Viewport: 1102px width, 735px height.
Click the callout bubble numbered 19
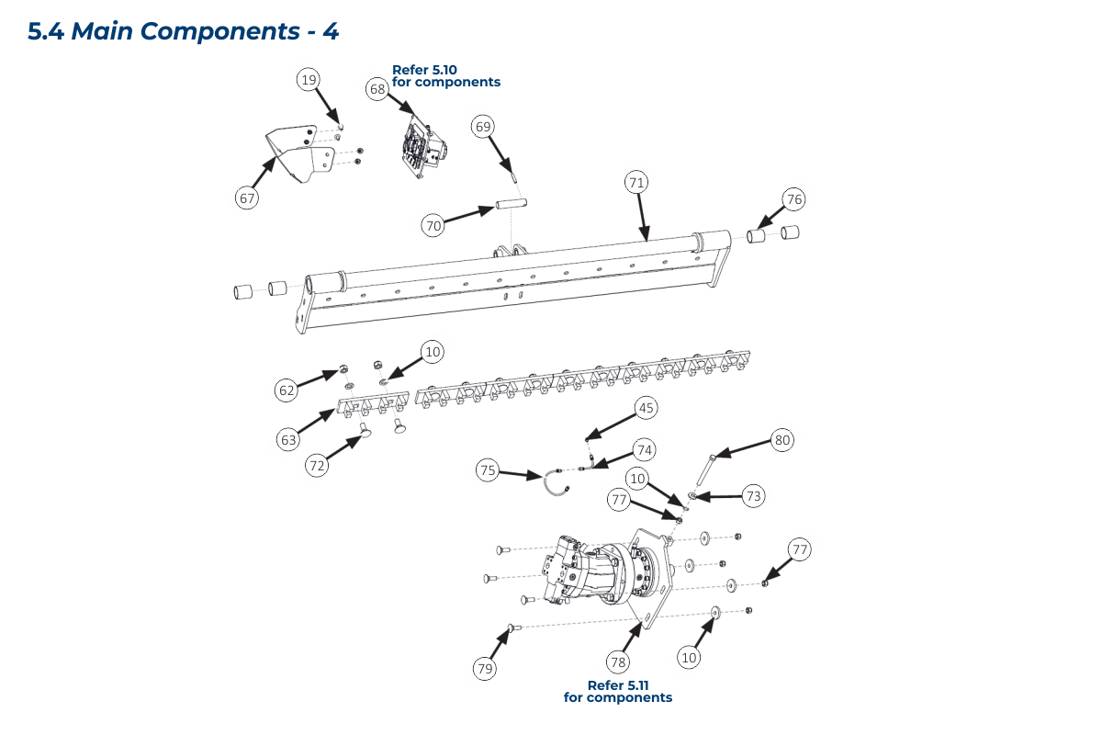click(x=309, y=80)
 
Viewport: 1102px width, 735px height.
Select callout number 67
click(x=247, y=197)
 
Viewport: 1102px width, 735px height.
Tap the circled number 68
click(x=377, y=89)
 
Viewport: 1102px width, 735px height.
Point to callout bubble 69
click(x=483, y=126)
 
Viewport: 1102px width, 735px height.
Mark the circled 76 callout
click(x=794, y=199)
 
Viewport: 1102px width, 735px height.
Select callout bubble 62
click(x=287, y=390)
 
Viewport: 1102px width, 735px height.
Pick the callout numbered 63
click(x=289, y=440)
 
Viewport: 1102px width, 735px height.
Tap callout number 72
click(x=317, y=466)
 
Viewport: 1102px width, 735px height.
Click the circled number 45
click(x=647, y=408)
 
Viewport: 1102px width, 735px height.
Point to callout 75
click(x=489, y=470)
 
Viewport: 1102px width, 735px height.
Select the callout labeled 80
click(x=782, y=440)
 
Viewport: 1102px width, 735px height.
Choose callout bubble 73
click(x=754, y=496)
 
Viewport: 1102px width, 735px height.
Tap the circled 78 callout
click(x=618, y=661)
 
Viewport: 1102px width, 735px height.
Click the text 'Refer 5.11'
click(x=617, y=685)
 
